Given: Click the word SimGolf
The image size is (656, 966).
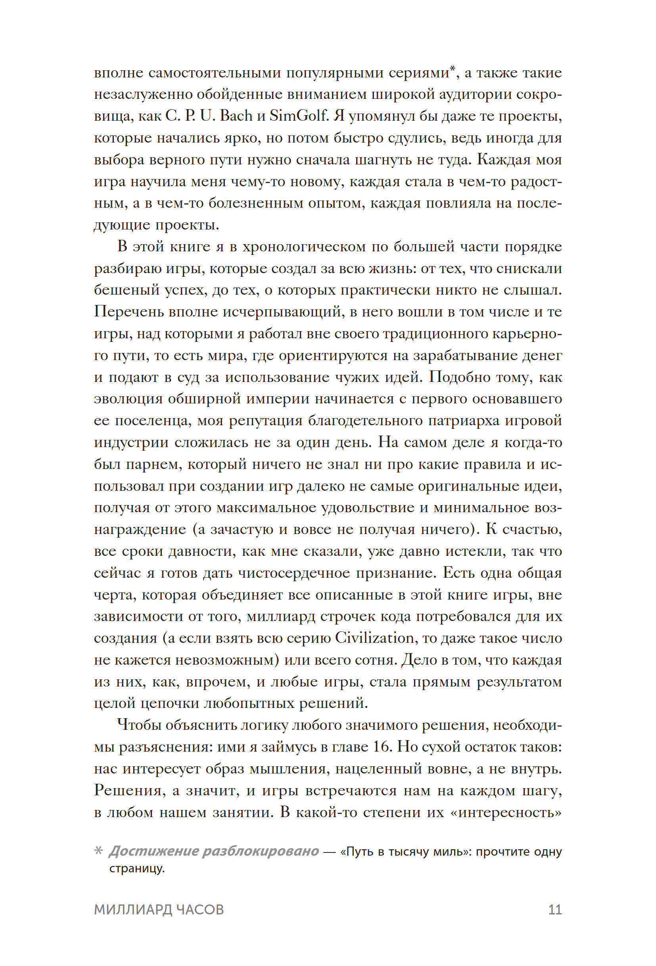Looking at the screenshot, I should point(299,116).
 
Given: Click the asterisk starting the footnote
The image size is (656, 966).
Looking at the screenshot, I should point(98,852).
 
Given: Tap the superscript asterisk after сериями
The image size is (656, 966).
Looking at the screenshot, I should point(453,69).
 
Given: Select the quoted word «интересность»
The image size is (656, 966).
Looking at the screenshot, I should point(505,812).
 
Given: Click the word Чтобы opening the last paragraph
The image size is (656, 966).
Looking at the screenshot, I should point(136,725).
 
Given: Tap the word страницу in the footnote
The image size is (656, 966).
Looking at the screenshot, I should point(136,869).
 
